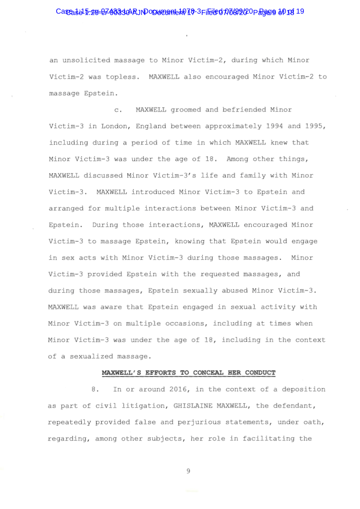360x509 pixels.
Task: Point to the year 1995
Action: (316, 126)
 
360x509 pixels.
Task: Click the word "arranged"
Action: (66, 208)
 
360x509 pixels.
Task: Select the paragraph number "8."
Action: (95, 389)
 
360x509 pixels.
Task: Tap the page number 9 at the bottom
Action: (188, 471)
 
